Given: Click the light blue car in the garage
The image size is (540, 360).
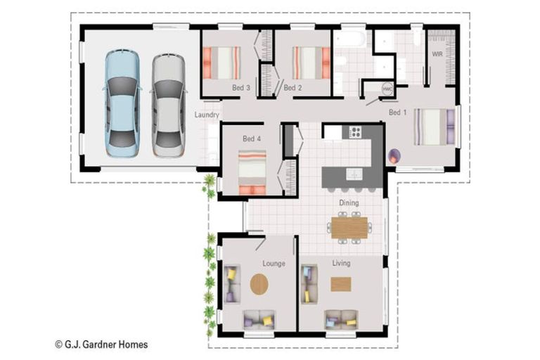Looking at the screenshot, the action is click(x=122, y=103).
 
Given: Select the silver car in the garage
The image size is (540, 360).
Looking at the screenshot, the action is click(x=169, y=105).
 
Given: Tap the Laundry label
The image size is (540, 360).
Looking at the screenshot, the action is click(x=207, y=115).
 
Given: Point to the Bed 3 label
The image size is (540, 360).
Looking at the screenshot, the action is click(x=241, y=88).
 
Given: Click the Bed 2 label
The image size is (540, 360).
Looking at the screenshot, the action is click(x=292, y=88).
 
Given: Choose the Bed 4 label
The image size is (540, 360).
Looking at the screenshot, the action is click(x=252, y=139).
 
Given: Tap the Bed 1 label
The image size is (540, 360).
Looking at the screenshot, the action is click(x=398, y=112).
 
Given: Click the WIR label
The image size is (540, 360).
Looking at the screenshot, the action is click(x=437, y=54).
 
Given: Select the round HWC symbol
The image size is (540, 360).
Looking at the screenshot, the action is click(x=387, y=89).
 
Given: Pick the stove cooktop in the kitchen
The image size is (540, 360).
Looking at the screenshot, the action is click(x=355, y=131).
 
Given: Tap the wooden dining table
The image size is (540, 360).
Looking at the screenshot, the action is click(x=349, y=227).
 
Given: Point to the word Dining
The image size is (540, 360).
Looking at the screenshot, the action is click(x=349, y=202).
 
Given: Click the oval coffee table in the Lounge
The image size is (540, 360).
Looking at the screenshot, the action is click(x=259, y=284).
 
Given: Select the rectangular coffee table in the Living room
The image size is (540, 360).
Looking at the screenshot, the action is click(x=341, y=284).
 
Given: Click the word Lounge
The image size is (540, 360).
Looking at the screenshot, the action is click(x=274, y=264).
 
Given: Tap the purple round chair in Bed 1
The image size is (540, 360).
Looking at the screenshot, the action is click(x=394, y=155).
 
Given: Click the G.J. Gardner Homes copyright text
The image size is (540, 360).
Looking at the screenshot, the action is click(x=101, y=345).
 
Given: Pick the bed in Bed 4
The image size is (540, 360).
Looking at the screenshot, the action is click(x=252, y=172).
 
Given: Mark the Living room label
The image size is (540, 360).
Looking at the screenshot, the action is click(x=341, y=263).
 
